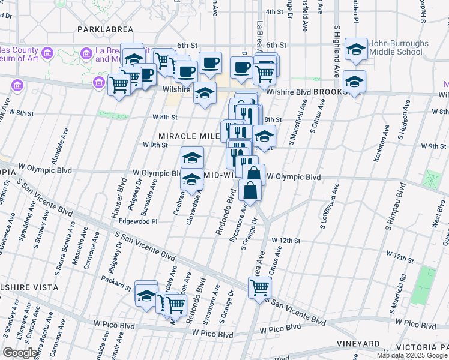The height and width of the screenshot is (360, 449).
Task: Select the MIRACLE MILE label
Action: pyautogui.click(x=188, y=136)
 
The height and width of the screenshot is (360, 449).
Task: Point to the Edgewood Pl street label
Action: pyautogui.click(x=137, y=221)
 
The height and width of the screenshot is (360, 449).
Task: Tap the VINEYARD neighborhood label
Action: pyautogui.click(x=358, y=344)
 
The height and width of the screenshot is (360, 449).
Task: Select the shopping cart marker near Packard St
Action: pyautogui.click(x=175, y=305)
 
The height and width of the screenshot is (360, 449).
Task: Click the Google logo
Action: pyautogui.click(x=20, y=352)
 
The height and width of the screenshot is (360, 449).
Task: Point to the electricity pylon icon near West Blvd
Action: pyautogui.click(x=432, y=178)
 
